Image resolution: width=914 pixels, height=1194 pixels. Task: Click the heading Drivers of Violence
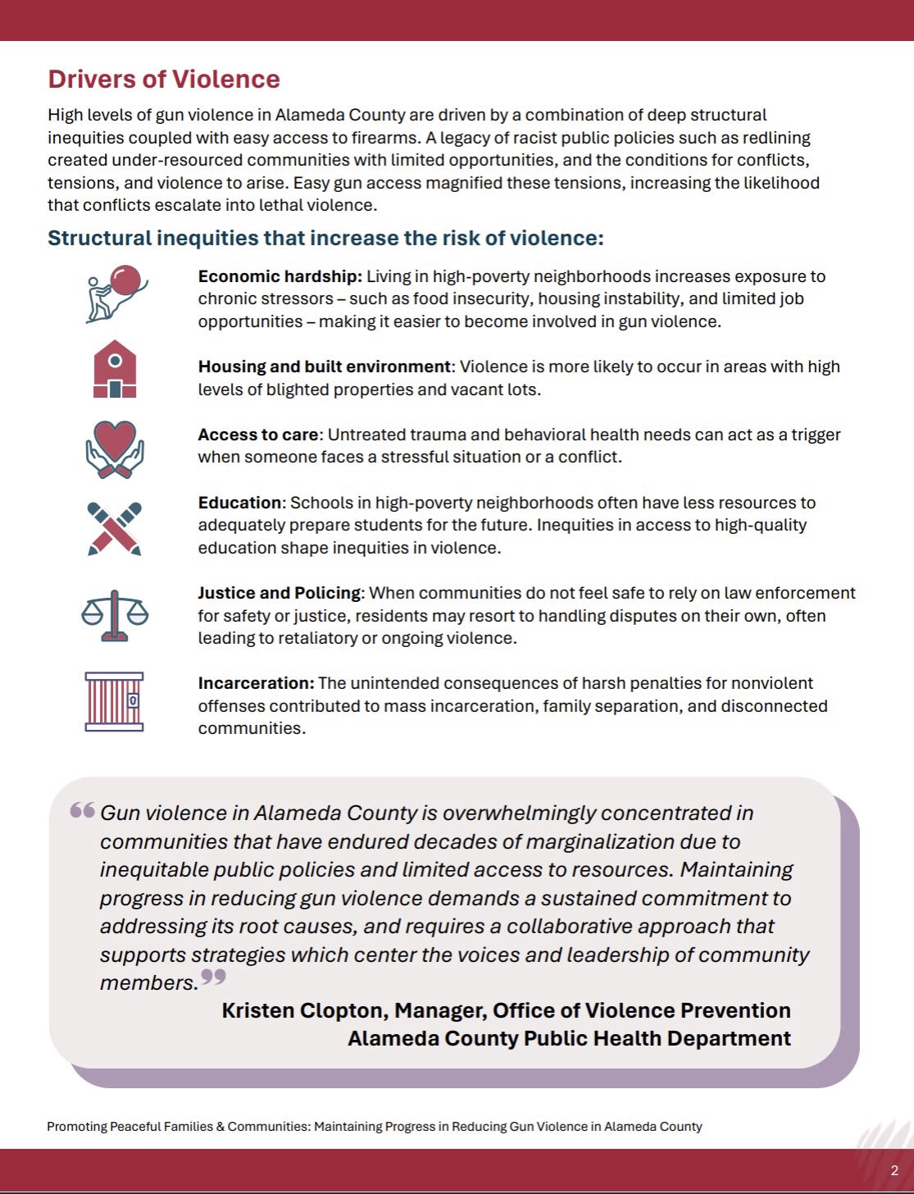pyautogui.click(x=164, y=80)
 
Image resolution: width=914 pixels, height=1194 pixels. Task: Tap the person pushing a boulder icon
pyautogui.click(x=116, y=293)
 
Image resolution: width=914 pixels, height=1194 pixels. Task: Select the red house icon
pyautogui.click(x=115, y=369)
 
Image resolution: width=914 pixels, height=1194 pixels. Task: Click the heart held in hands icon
pyautogui.click(x=115, y=449)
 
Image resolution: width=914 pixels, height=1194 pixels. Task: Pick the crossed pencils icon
pyautogui.click(x=115, y=529)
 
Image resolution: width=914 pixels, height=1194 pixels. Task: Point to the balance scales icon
pyautogui.click(x=115, y=615)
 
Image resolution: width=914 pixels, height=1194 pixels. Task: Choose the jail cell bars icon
pyautogui.click(x=115, y=701)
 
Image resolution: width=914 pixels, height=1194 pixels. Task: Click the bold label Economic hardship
pyautogui.click(x=280, y=276)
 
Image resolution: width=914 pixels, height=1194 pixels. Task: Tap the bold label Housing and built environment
pyautogui.click(x=325, y=367)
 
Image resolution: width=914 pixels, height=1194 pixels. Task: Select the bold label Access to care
pyautogui.click(x=257, y=435)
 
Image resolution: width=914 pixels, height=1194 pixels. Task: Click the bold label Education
pyautogui.click(x=239, y=503)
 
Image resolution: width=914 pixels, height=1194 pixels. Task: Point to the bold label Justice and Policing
pyautogui.click(x=279, y=593)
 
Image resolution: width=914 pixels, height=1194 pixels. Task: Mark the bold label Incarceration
pyautogui.click(x=256, y=683)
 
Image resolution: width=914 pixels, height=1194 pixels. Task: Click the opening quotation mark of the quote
pyautogui.click(x=82, y=811)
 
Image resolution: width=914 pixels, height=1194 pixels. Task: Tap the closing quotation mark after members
pyautogui.click(x=213, y=977)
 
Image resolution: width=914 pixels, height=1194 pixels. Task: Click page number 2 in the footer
pyautogui.click(x=894, y=1170)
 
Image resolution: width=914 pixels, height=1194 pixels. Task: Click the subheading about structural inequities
pyautogui.click(x=325, y=238)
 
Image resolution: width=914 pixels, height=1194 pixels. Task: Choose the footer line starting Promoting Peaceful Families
pyautogui.click(x=374, y=1126)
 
